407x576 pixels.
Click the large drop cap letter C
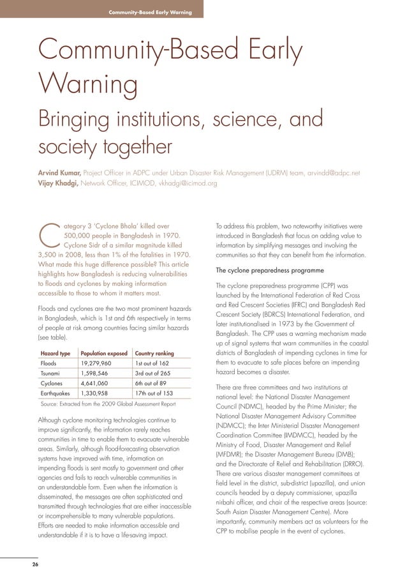tap(49, 238)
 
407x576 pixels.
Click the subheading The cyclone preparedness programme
tap(267, 271)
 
